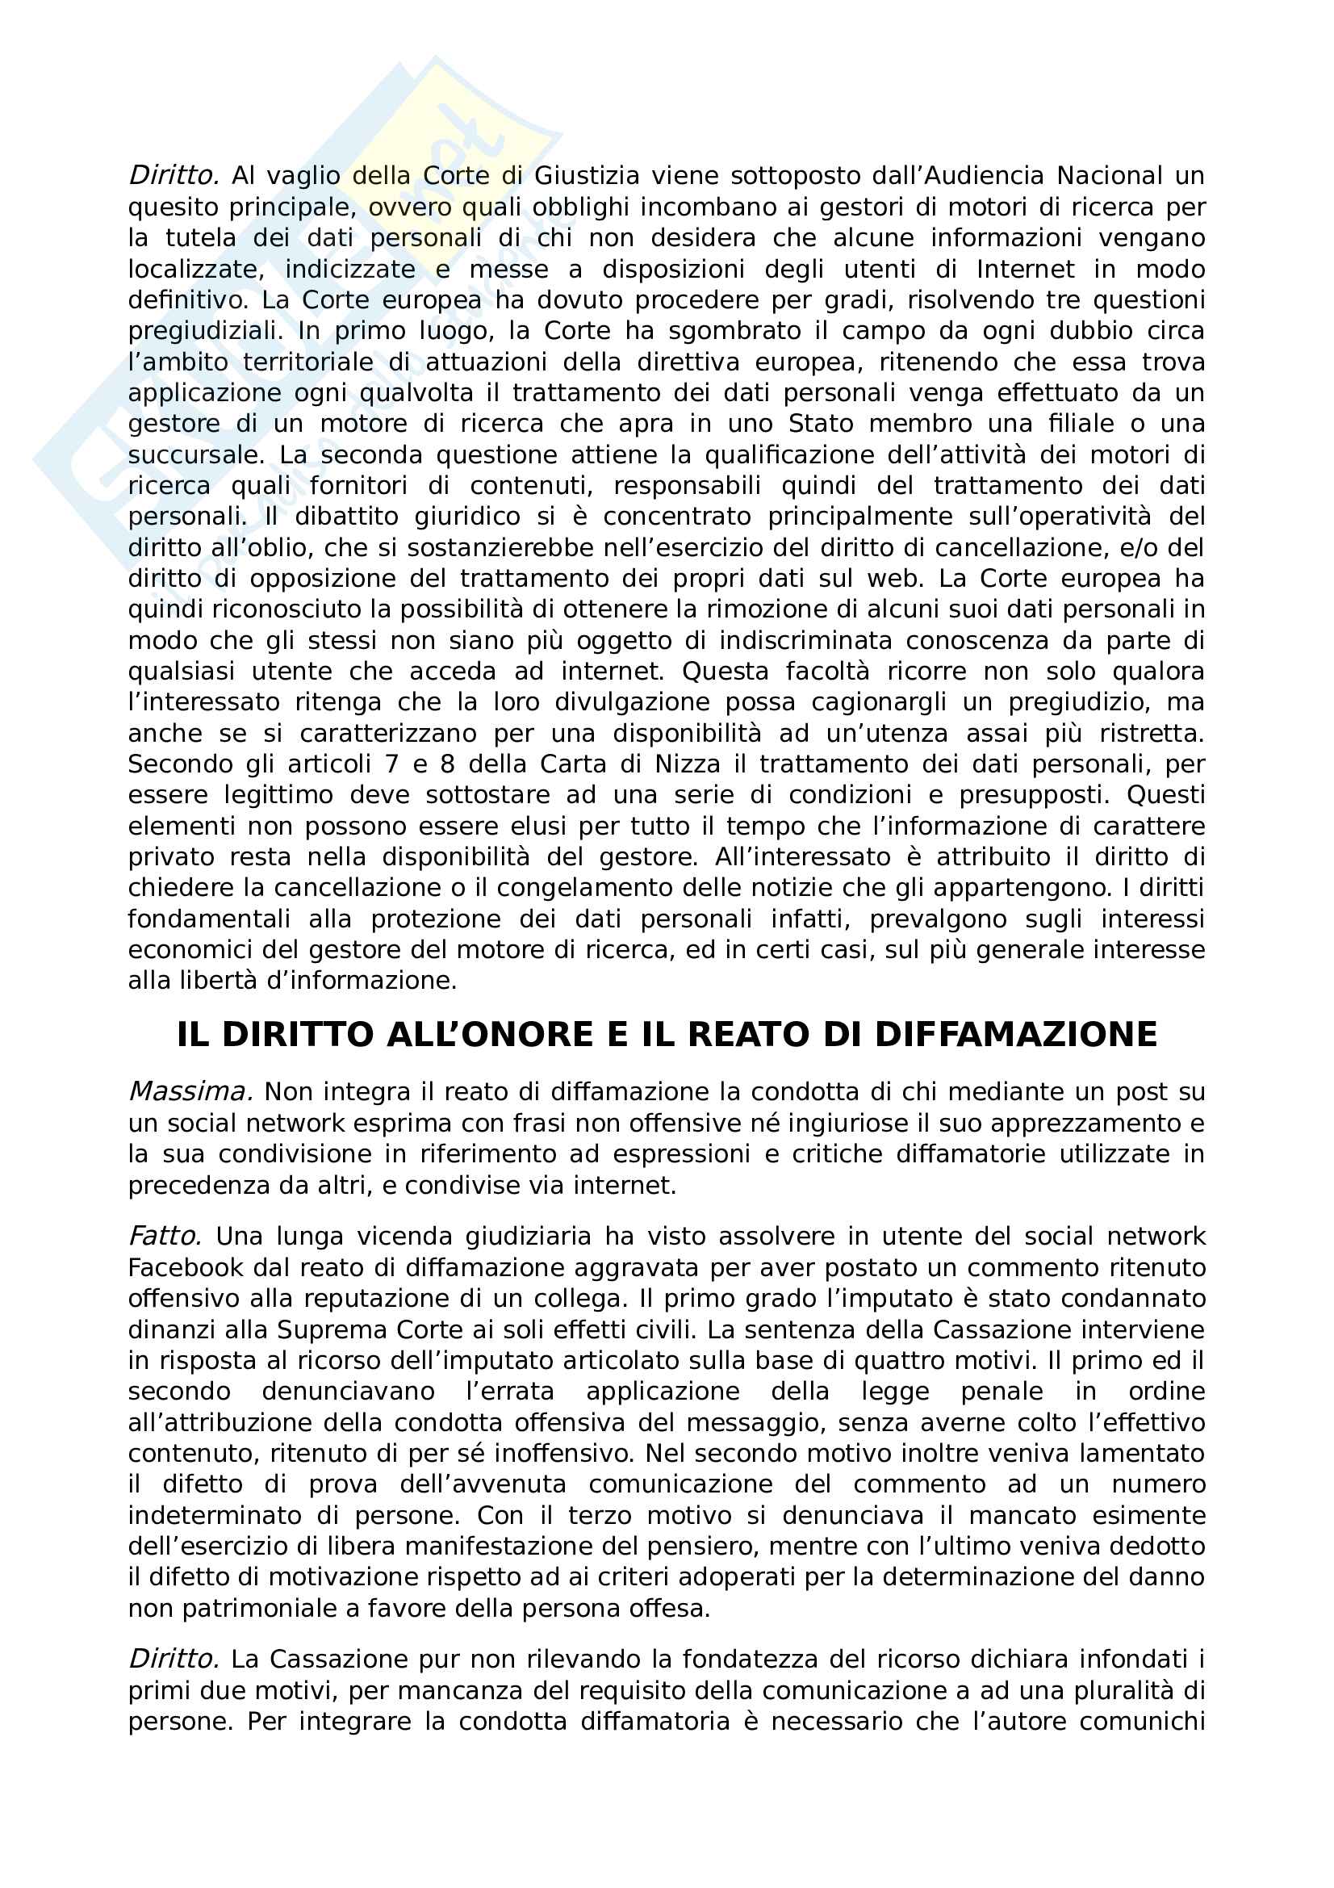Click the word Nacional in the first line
pos(1110,176)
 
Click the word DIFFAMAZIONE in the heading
pos(1015,1035)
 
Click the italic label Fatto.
pos(165,1237)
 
